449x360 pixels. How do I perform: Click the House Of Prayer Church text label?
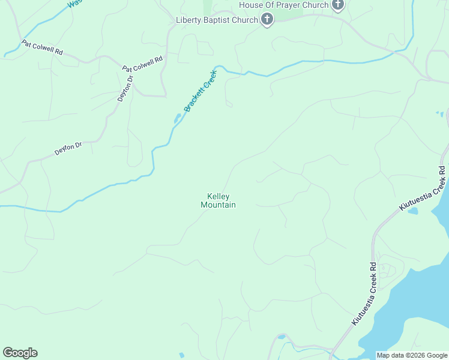(x=284, y=5)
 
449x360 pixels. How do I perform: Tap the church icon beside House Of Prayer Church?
(x=338, y=5)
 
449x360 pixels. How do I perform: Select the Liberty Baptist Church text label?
(x=216, y=20)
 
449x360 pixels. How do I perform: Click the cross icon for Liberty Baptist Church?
(x=267, y=20)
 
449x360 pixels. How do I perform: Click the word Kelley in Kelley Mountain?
(x=218, y=196)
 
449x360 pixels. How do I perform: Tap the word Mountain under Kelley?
(x=218, y=205)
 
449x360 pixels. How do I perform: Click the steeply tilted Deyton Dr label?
(x=124, y=88)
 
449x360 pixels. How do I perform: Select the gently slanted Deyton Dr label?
(x=68, y=148)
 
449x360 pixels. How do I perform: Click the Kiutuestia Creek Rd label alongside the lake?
(x=364, y=294)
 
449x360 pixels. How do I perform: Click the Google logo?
(x=20, y=353)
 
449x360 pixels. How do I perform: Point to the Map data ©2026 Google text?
(x=412, y=355)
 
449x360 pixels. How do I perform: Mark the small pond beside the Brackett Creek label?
(x=178, y=118)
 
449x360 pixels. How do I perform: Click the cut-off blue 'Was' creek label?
(x=74, y=3)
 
